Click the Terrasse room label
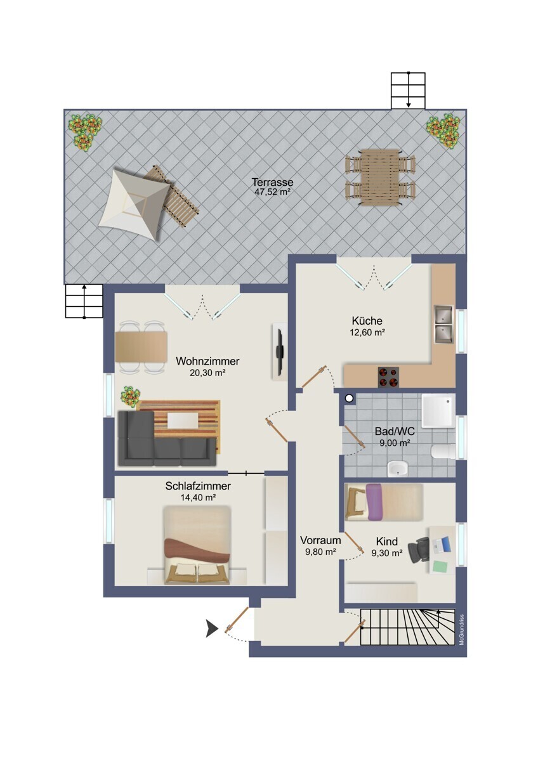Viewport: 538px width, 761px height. click(x=272, y=182)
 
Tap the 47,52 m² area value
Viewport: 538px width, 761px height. click(x=272, y=192)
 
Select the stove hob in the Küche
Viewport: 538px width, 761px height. click(x=388, y=377)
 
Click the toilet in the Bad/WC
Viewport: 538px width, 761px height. click(x=443, y=452)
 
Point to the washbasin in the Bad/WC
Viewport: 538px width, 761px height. click(x=398, y=469)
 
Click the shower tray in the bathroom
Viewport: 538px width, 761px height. click(x=438, y=411)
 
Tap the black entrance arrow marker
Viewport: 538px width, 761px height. click(x=212, y=628)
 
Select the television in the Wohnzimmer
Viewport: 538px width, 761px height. click(x=279, y=351)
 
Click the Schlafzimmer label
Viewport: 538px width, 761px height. click(x=198, y=486)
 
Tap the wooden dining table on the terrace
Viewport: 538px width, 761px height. click(x=381, y=177)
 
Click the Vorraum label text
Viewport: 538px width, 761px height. click(x=320, y=540)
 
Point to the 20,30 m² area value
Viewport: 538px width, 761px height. click(x=207, y=373)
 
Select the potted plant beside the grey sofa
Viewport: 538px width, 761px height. click(x=130, y=396)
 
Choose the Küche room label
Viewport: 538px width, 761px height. click(x=367, y=321)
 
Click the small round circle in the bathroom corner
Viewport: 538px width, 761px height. click(x=349, y=399)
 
